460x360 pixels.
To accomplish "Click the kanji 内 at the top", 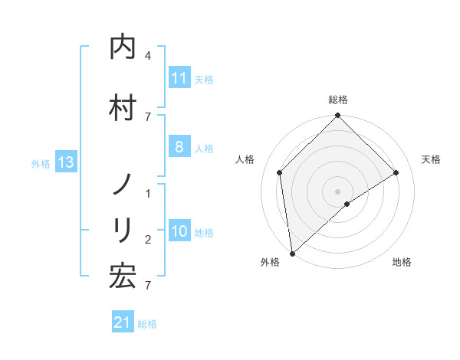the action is (123, 47).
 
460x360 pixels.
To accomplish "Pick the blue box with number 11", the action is (179, 78).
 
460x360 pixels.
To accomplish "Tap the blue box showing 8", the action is (179, 148).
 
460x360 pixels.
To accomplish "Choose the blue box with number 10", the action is (179, 232).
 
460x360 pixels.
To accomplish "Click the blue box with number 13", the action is (65, 162).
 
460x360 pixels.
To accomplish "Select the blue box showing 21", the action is (123, 323).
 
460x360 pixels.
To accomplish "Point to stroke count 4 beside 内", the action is (148, 56).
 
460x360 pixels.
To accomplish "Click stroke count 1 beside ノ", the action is (148, 194).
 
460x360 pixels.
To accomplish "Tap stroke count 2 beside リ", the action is (148, 240).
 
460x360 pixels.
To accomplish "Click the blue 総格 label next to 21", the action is (147, 324).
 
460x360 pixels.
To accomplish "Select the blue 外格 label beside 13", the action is (41, 163).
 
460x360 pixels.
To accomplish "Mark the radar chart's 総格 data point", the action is (337, 116).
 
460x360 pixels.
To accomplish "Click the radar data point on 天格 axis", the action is (396, 172).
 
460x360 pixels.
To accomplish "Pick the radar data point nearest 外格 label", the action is (292, 253).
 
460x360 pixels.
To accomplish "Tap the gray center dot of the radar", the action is (337, 191).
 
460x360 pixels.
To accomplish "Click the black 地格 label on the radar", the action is (402, 262).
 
